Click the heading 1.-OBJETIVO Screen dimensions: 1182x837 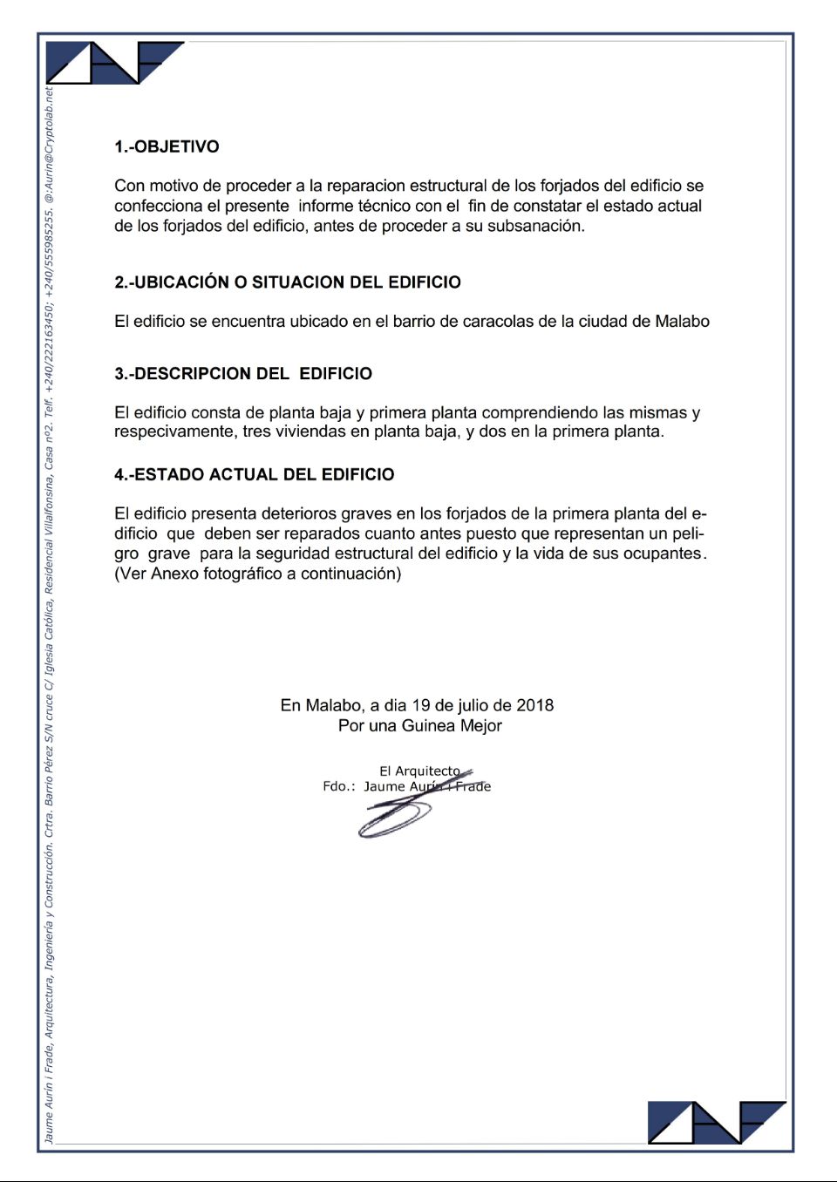[167, 146]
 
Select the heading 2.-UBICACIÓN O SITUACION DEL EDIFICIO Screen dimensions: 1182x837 [287, 282]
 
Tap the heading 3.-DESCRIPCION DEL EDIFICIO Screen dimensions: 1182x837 [242, 374]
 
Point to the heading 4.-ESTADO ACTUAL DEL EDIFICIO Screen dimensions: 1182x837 [254, 475]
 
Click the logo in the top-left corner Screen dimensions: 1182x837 [113, 62]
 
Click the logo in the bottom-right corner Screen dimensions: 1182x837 [716, 1122]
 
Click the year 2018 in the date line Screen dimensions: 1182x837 [534, 705]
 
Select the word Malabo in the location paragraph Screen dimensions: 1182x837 [682, 322]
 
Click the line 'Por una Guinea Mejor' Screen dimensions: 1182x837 [419, 725]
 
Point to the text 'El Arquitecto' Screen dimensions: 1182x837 [419, 771]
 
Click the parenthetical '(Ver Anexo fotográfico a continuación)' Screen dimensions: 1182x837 [257, 574]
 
